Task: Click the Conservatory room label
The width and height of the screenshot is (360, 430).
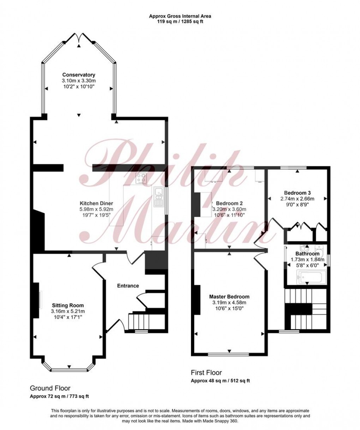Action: (x=79, y=75)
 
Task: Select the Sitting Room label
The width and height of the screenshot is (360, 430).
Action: (x=68, y=305)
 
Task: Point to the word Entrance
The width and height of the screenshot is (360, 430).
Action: (x=128, y=286)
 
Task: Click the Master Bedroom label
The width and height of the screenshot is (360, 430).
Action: (x=229, y=297)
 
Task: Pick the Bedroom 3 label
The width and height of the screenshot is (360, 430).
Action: (x=297, y=193)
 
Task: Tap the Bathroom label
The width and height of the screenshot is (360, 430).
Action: (x=307, y=254)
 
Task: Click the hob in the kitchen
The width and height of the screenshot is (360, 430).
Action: (x=142, y=178)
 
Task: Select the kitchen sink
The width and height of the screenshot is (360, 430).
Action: (x=158, y=197)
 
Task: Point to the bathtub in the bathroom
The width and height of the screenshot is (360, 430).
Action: (x=307, y=276)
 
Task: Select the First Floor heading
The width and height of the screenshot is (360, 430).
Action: (x=206, y=373)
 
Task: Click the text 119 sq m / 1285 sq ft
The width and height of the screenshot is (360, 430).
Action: (x=180, y=21)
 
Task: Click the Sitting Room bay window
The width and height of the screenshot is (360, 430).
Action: (x=69, y=370)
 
